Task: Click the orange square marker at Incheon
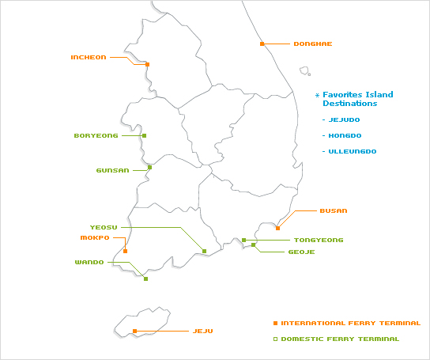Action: [x=147, y=64]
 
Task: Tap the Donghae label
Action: [x=313, y=44]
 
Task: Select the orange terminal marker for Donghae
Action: [x=262, y=44]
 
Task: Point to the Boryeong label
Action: [x=96, y=135]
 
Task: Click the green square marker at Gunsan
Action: [x=149, y=167]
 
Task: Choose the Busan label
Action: [x=334, y=211]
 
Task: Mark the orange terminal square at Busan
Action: [x=277, y=228]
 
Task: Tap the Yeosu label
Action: [x=104, y=227]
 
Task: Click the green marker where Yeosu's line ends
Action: [x=204, y=251]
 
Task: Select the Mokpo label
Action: [x=95, y=237]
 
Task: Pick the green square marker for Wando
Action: [x=146, y=279]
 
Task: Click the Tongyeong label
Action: [x=319, y=240]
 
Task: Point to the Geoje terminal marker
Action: [x=254, y=245]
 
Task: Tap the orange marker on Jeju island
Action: [x=134, y=332]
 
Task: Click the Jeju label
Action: [x=203, y=332]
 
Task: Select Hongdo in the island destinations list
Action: [x=345, y=135]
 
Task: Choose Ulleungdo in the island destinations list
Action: [x=353, y=151]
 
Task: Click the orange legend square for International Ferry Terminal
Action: [x=276, y=323]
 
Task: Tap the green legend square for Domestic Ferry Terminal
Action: [x=276, y=339]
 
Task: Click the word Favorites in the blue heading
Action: [x=341, y=95]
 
